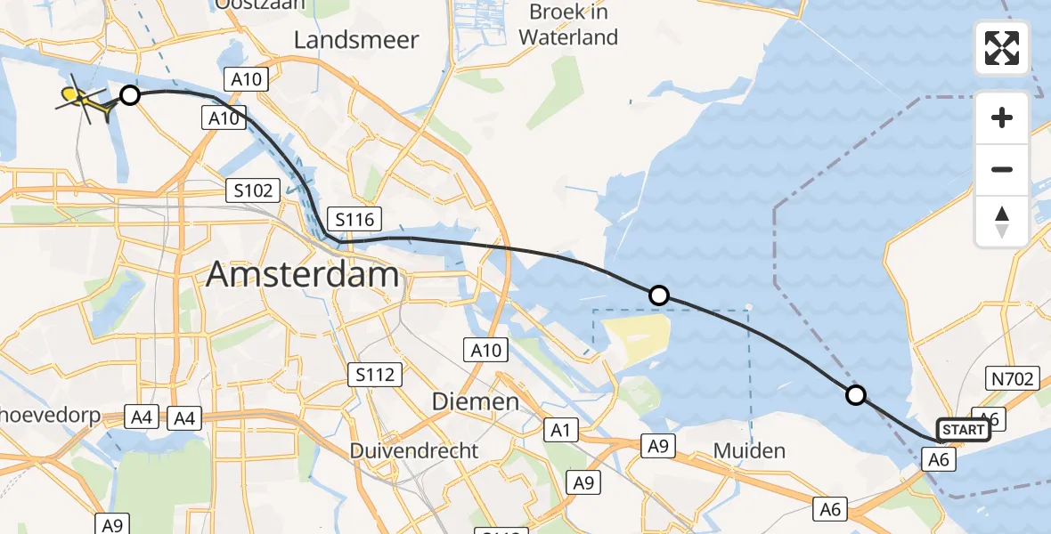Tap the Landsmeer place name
coord(356,41)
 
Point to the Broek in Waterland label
coord(568,25)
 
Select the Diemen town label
coord(476,401)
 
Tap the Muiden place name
coord(750,450)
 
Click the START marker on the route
coord(963,431)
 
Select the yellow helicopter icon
coord(86,101)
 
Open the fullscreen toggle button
coord(1002,49)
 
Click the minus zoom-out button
coord(1002,169)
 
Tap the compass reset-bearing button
coord(1002,221)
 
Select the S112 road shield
coord(374,375)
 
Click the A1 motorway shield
coord(560,431)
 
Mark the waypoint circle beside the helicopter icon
coord(130,94)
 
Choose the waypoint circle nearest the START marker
coord(855,394)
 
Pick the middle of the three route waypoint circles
coord(659,295)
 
